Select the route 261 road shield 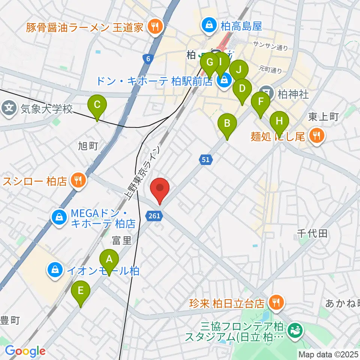[154, 215]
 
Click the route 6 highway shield [148, 58]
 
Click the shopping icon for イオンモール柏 [55, 269]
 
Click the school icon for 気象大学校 [9, 109]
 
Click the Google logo [25, 351]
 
